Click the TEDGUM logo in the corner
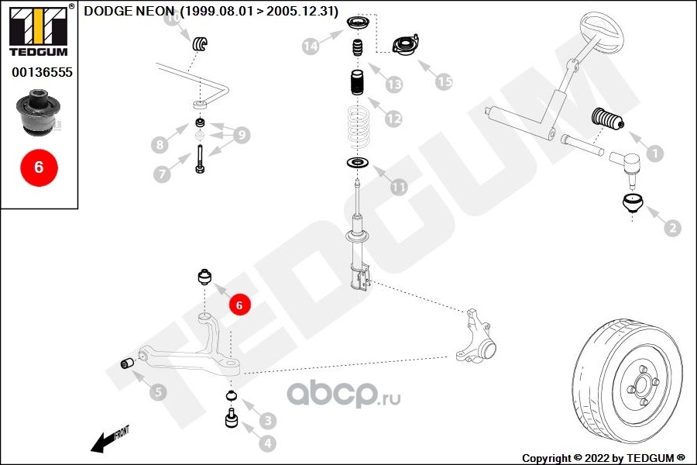36,29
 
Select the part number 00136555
41,71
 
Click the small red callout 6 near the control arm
239,305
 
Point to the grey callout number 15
443,81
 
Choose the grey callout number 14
311,47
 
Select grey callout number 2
671,228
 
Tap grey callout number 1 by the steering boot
654,153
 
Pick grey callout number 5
157,392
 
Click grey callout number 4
266,444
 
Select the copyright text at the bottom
603,457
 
